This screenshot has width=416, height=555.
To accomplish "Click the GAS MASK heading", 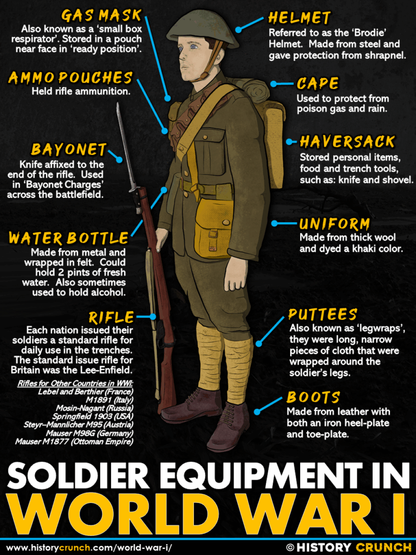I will pyautogui.click(x=101, y=15).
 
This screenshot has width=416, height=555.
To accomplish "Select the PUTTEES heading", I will pyautogui.click(x=322, y=315).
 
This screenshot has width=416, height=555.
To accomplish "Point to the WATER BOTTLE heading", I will pyautogui.click(x=68, y=238).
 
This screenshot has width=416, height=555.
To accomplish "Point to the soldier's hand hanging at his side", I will pyautogui.click(x=236, y=274).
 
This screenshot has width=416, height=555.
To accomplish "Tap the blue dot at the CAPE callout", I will pyautogui.click(x=274, y=84).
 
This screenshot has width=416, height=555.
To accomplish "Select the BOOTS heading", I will pyautogui.click(x=313, y=397).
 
